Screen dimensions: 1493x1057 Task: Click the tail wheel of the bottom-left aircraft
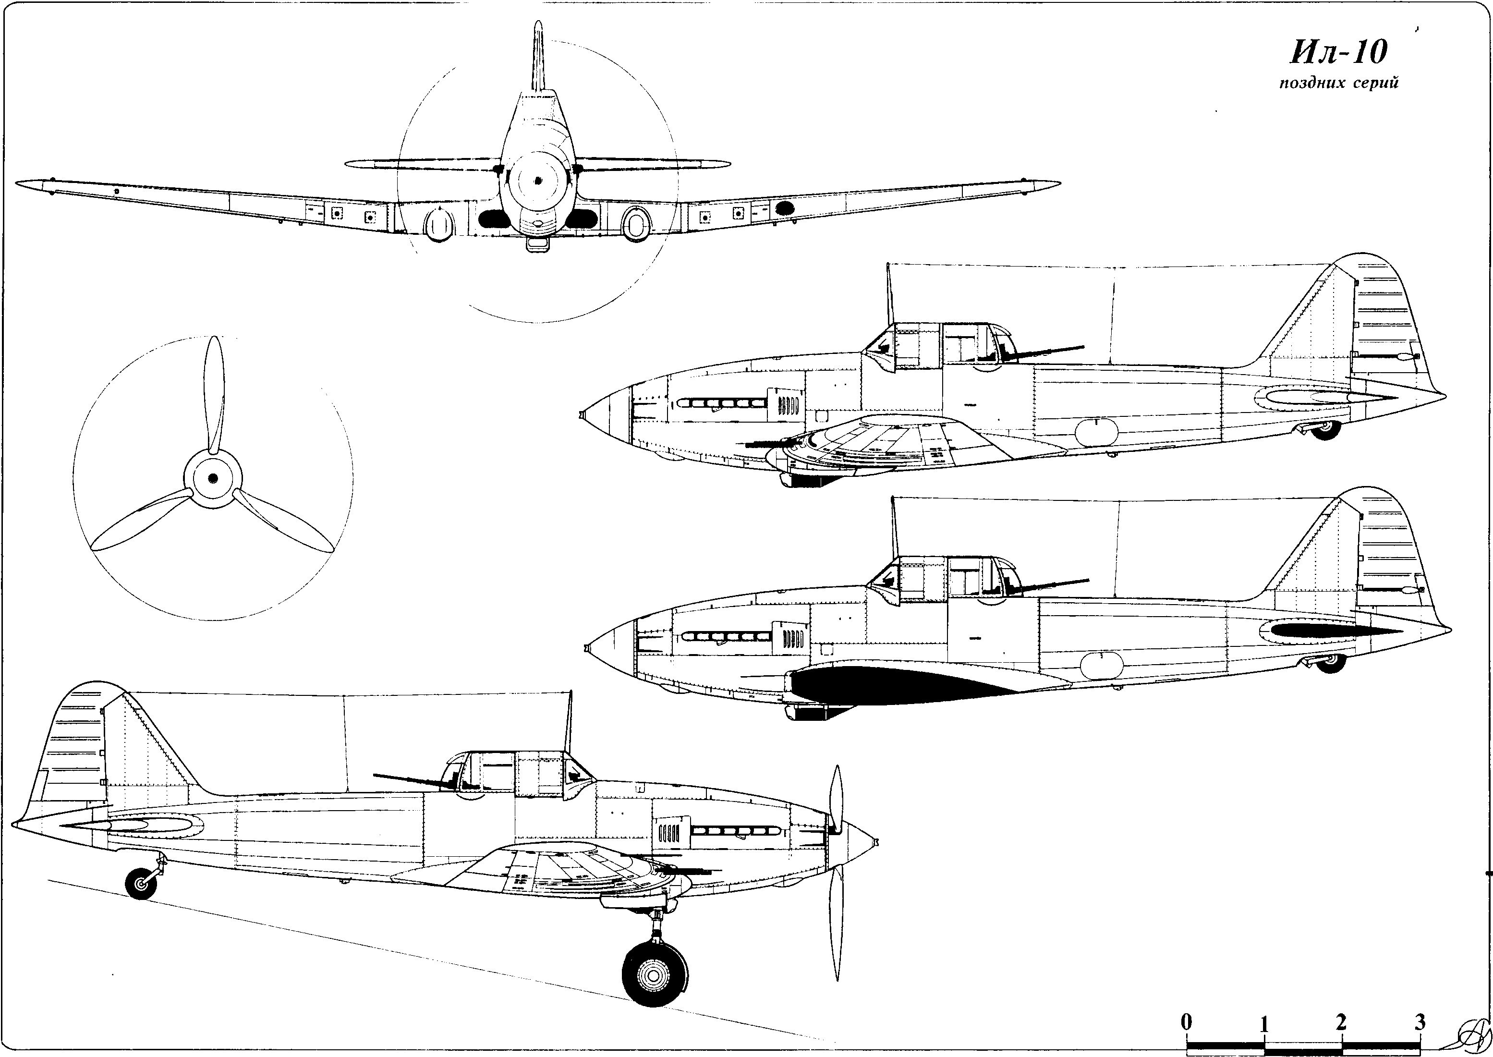coord(141,883)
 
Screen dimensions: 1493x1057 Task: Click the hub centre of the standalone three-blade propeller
coord(213,478)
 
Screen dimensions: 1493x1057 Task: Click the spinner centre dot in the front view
coord(537,181)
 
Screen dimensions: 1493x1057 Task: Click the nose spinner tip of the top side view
coord(580,414)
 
